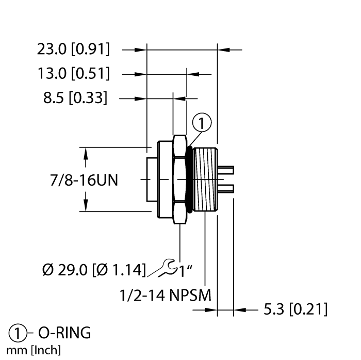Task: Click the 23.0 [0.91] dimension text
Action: pyautogui.click(x=73, y=50)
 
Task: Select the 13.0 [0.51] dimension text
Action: pyautogui.click(x=73, y=74)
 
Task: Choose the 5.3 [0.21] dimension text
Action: pyautogui.click(x=295, y=310)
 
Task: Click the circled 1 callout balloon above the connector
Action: pyautogui.click(x=202, y=123)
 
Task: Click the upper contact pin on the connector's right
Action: pyautogui.click(x=228, y=170)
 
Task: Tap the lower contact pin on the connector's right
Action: pyautogui.click(x=228, y=187)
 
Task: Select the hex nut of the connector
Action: pyautogui.click(x=179, y=179)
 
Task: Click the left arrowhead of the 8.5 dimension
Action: pyautogui.click(x=167, y=97)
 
